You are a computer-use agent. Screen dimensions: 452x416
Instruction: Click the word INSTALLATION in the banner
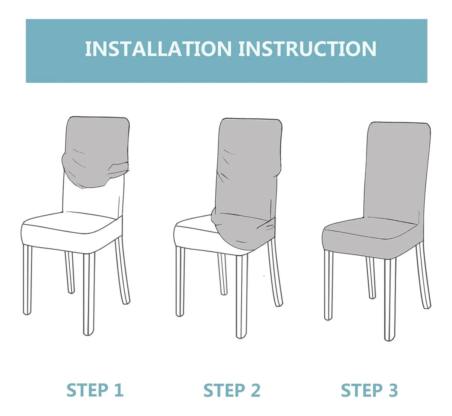click(158, 49)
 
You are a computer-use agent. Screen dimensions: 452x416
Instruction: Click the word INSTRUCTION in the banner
click(307, 49)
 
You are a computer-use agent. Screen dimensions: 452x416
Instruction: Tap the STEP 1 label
click(95, 390)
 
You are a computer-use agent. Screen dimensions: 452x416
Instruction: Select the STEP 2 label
click(232, 390)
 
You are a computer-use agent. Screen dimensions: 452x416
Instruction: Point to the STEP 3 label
click(369, 390)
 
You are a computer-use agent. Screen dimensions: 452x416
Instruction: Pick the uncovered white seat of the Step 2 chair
click(194, 234)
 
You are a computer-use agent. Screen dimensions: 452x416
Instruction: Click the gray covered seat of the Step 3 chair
click(370, 236)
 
